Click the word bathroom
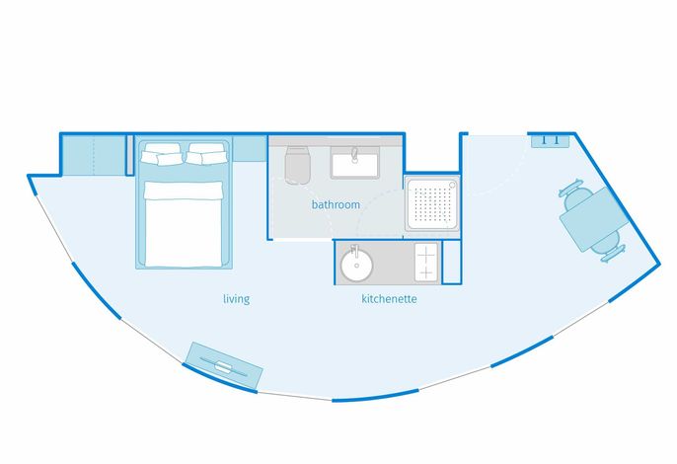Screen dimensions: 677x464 point(336,204)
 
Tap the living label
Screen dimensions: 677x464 point(236,299)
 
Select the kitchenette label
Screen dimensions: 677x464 point(389,298)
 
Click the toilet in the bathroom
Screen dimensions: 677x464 point(297,165)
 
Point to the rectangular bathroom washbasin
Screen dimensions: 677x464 point(355,163)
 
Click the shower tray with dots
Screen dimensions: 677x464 point(432,203)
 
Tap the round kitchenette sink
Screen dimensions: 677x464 point(356,266)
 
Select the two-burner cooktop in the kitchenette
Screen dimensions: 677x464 point(426,263)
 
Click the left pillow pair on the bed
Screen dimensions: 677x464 point(162,154)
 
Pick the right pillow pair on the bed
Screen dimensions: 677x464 point(206,154)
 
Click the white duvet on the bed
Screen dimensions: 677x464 point(184,224)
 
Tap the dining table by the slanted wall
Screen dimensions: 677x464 point(594,219)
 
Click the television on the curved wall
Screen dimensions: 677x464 point(224,365)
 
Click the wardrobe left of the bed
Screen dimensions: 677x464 point(94,156)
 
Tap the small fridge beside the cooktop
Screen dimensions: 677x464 point(451,264)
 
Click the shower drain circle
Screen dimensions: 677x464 point(452,185)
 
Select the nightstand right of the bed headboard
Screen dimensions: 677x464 point(250,149)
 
